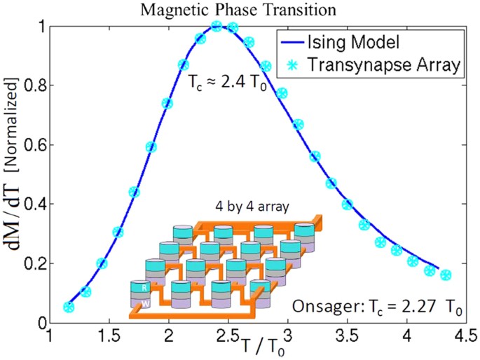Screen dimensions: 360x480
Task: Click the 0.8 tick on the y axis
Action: pyautogui.click(x=32, y=85)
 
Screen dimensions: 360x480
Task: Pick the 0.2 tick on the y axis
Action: pyautogui.click(x=32, y=263)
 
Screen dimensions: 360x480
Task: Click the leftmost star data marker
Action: pyautogui.click(x=68, y=307)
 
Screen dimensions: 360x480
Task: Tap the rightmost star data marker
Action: pyautogui.click(x=446, y=275)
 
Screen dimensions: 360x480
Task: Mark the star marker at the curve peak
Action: pyautogui.click(x=217, y=26)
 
